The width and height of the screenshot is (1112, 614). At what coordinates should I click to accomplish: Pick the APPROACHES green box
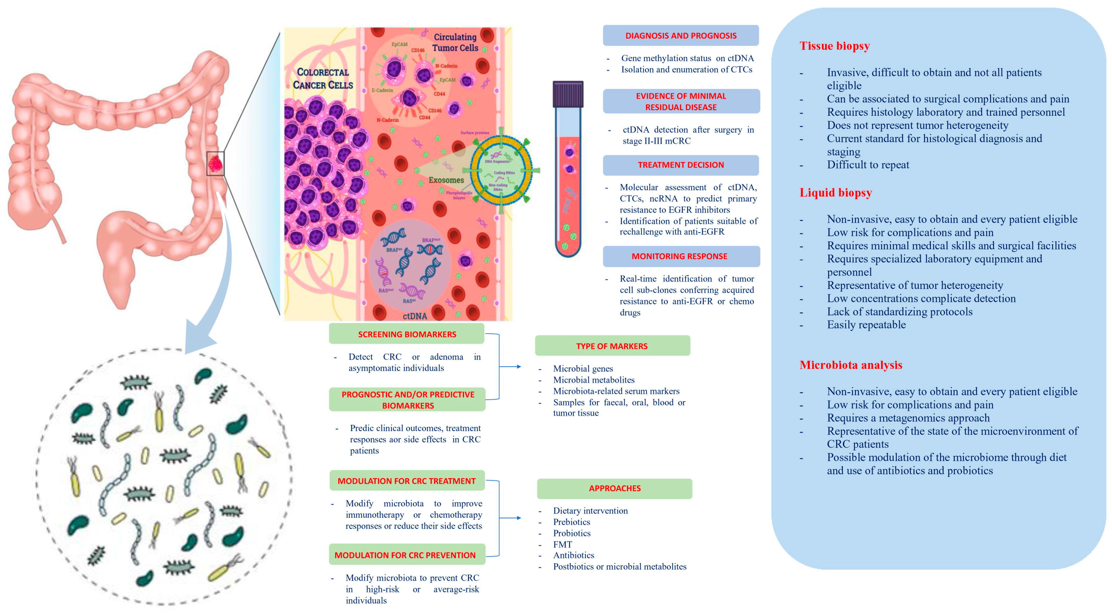(x=614, y=488)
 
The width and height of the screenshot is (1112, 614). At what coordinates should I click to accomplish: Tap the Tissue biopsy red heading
(x=834, y=46)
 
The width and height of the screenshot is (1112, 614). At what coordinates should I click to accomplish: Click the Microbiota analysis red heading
(x=850, y=365)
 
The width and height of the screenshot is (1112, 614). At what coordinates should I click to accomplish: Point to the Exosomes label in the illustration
(x=446, y=180)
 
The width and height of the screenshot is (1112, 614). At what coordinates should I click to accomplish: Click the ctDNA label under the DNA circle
(x=414, y=316)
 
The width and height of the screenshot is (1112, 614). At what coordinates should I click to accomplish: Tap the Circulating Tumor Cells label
(x=455, y=42)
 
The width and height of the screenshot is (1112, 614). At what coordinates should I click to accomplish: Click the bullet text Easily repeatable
(x=866, y=325)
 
